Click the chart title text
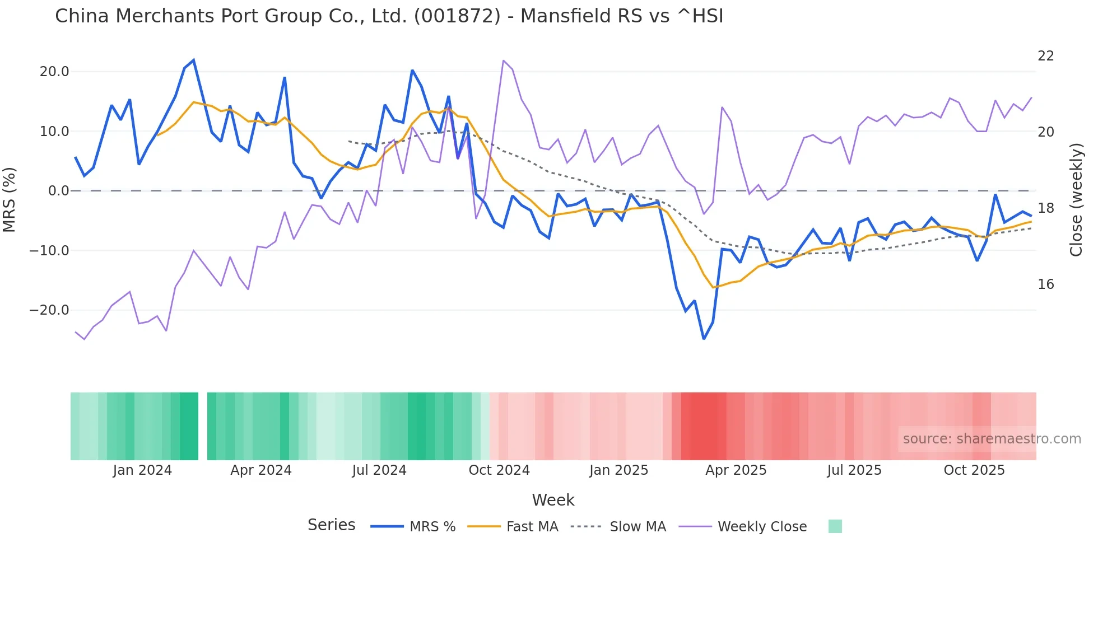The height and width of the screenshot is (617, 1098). (x=389, y=16)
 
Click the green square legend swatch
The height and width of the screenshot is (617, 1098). (x=835, y=526)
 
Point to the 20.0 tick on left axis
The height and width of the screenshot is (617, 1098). (x=54, y=72)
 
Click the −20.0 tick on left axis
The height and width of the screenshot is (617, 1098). (x=49, y=310)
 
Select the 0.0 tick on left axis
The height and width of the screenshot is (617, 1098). (x=58, y=191)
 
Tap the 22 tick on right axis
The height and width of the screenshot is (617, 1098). (x=1045, y=56)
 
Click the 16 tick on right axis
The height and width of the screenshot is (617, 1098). (x=1045, y=284)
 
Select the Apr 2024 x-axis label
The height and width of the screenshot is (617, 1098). (x=261, y=470)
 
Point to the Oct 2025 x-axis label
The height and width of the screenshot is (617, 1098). (x=974, y=470)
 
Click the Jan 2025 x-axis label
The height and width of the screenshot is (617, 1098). (x=618, y=470)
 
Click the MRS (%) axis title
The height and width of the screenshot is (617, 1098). (x=10, y=199)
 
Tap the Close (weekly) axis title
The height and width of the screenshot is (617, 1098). (x=1076, y=199)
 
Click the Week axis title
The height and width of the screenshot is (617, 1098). (x=553, y=500)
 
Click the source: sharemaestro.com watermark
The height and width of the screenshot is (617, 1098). (x=992, y=439)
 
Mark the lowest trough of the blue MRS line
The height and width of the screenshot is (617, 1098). (x=704, y=339)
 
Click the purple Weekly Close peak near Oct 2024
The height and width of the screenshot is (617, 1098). (x=504, y=60)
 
